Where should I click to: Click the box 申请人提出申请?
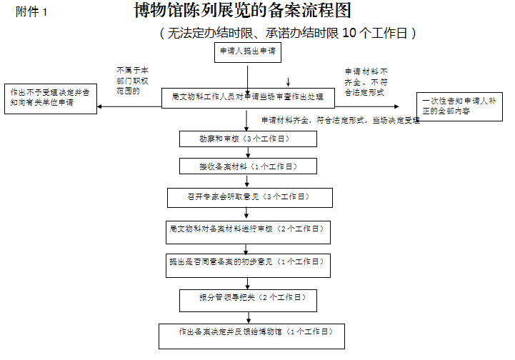coord(248,52)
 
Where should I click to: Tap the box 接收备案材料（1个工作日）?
coord(248,166)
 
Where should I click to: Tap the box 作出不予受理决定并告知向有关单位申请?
coord(50,98)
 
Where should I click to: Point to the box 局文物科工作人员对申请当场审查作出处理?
coord(248,98)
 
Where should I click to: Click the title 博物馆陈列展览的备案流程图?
coord(243,11)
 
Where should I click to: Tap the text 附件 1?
coord(31,13)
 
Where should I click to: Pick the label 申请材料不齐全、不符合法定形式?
coord(365,81)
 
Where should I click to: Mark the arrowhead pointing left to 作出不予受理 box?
coord(101,107)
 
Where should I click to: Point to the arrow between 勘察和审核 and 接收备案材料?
coord(248,153)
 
